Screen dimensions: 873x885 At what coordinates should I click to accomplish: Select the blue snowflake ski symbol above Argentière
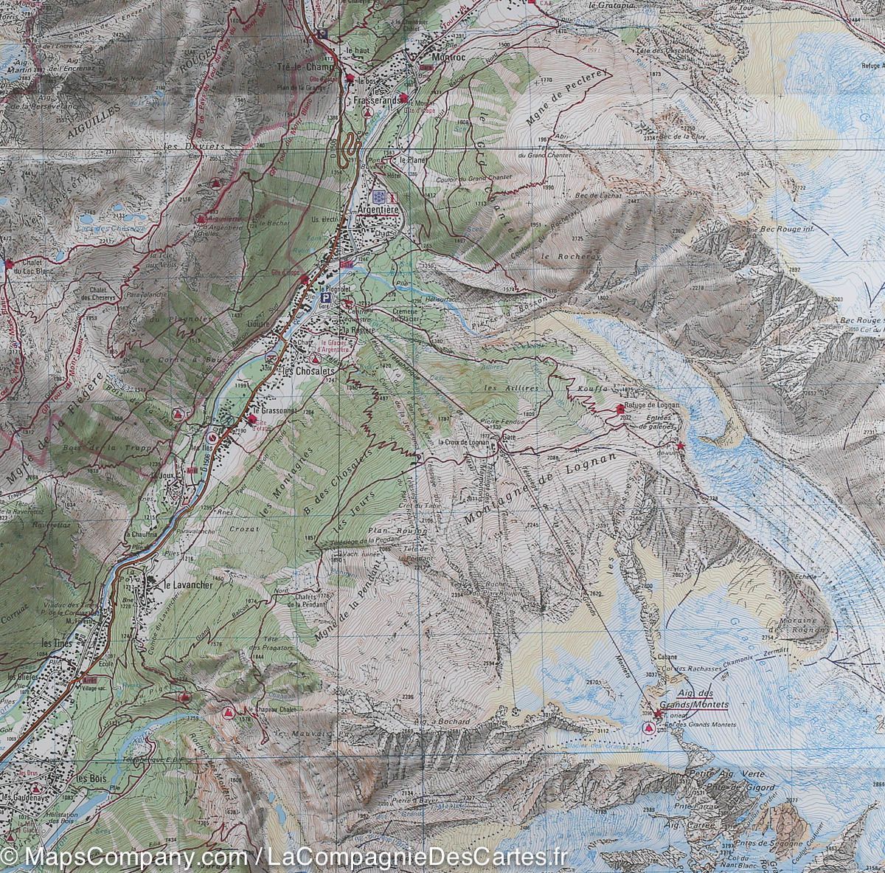tap(378, 197)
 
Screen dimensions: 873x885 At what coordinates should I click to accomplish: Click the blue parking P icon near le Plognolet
tap(324, 298)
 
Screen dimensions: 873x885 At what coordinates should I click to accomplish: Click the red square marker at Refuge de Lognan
tap(619, 408)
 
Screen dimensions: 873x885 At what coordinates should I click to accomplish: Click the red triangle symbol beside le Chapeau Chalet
tap(229, 712)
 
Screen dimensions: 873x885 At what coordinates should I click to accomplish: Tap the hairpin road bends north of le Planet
tap(347, 145)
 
